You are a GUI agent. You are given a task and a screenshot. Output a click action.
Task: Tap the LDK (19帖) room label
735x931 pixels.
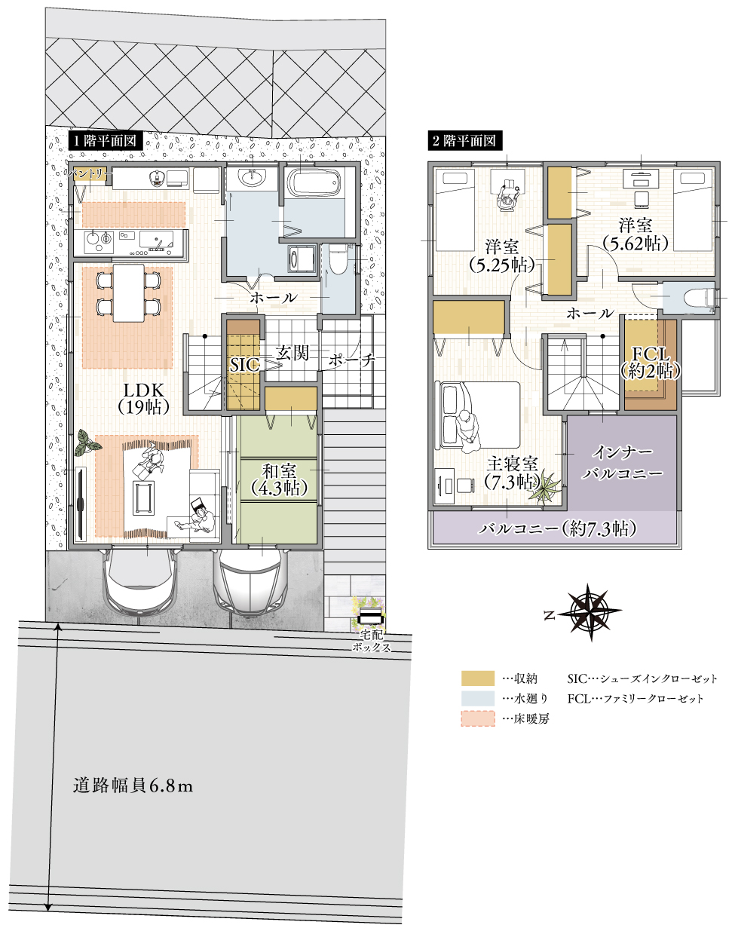click(143, 398)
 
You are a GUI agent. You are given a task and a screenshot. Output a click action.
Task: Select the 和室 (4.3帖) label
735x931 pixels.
click(279, 480)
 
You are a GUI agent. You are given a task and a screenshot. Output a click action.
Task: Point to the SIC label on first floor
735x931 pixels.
click(243, 365)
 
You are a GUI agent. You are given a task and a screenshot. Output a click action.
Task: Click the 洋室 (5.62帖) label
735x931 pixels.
click(635, 234)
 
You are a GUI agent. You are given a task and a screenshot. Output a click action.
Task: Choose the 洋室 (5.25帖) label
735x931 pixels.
click(501, 256)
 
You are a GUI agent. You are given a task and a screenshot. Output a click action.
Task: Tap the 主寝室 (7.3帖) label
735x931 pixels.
click(512, 473)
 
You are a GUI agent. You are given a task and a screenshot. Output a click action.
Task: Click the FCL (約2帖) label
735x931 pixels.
click(650, 363)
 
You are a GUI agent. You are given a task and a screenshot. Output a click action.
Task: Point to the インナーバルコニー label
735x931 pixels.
click(623, 462)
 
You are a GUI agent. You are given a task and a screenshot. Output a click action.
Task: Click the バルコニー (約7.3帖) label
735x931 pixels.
click(557, 528)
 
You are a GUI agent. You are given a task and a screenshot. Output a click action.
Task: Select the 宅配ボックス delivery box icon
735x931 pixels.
click(371, 616)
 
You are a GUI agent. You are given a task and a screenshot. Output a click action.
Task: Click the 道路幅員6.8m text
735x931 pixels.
click(133, 786)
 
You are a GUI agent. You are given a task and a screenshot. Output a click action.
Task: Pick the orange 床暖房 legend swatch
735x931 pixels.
click(478, 718)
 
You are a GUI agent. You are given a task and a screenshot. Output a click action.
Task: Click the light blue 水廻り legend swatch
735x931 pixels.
click(478, 698)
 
